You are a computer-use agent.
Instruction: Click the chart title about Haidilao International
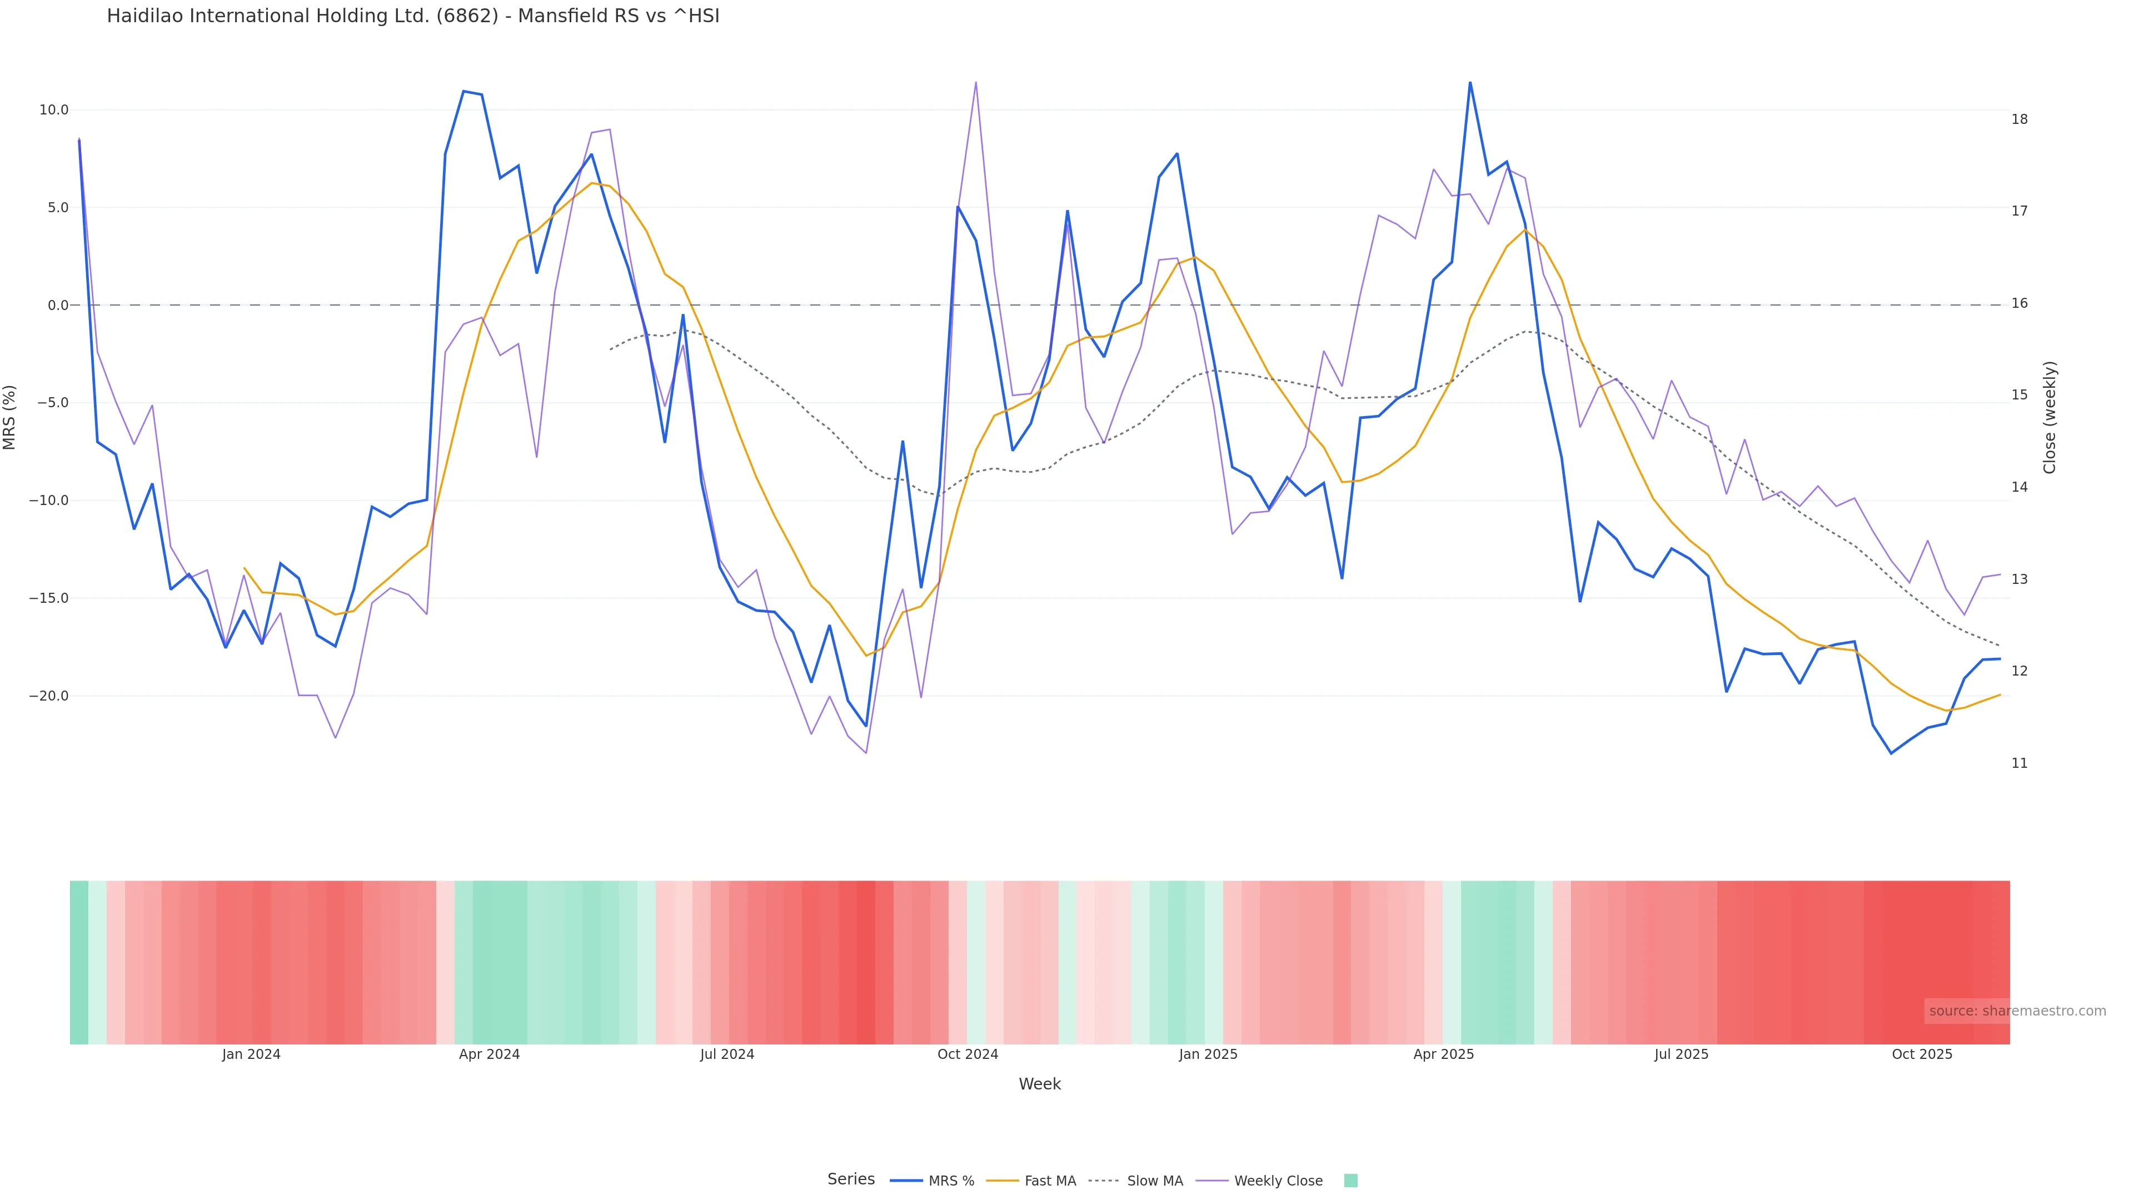click(x=412, y=16)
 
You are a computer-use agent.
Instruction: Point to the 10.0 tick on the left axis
click(x=54, y=110)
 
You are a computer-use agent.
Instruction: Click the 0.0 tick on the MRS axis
click(x=58, y=306)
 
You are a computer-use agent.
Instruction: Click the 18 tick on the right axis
click(x=2020, y=119)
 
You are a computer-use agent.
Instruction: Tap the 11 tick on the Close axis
click(x=2020, y=763)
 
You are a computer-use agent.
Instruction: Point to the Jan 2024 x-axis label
click(x=251, y=1054)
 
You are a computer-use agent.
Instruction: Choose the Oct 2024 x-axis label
click(x=968, y=1054)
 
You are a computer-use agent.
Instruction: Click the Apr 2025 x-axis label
click(x=1443, y=1054)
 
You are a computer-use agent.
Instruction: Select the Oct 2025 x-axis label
click(x=1922, y=1054)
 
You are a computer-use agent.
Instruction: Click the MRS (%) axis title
click(x=10, y=417)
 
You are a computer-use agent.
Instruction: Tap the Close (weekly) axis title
click(x=2050, y=417)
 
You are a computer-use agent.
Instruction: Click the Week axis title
click(x=1040, y=1084)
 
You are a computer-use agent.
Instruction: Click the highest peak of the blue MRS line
click(x=1470, y=83)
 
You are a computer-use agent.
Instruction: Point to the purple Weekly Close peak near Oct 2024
click(x=976, y=83)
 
